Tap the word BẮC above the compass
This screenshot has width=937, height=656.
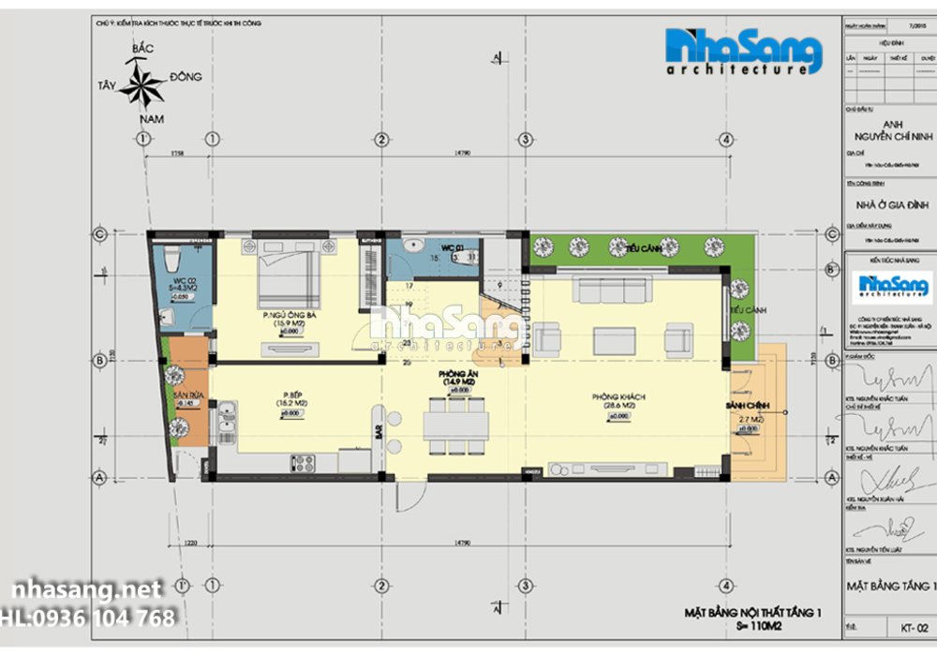click(x=142, y=48)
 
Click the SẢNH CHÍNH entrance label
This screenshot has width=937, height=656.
click(x=747, y=404)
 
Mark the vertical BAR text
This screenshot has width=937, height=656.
click(x=379, y=432)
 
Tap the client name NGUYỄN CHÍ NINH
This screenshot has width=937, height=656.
click(x=889, y=137)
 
